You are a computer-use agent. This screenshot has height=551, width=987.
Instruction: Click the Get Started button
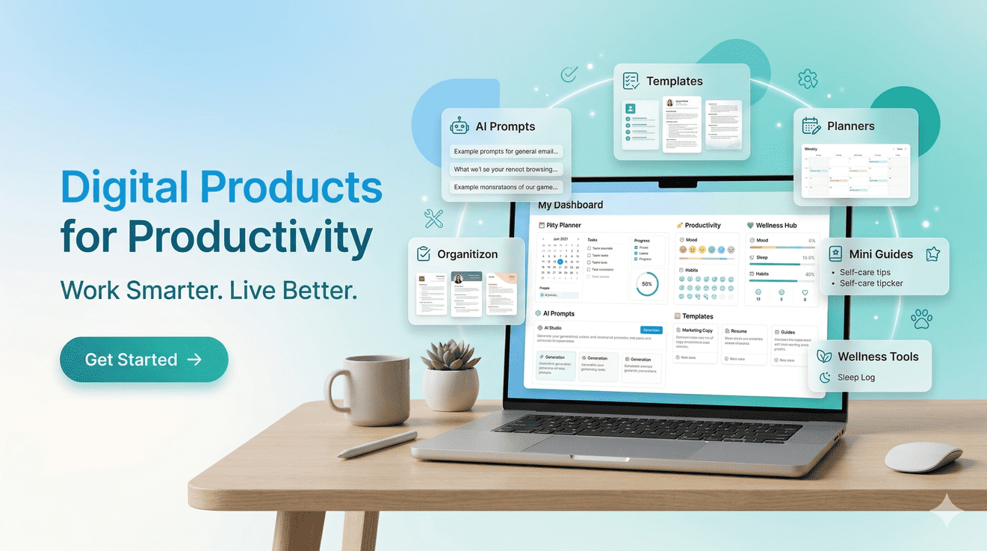[143, 360]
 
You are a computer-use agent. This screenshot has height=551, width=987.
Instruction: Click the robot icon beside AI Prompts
[460, 126]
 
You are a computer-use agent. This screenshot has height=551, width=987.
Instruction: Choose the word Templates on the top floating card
[674, 81]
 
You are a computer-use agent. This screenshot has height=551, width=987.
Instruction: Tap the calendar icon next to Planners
[811, 126]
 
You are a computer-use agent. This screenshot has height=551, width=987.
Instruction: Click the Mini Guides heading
[881, 253]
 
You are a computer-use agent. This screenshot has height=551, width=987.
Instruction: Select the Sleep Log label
[856, 378]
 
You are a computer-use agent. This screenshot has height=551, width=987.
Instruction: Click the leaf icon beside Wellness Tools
[824, 357]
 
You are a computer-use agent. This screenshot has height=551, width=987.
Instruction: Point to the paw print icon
[921, 319]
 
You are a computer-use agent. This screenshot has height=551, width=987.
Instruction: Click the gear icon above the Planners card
[808, 79]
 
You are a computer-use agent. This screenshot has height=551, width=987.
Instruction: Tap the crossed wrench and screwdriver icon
[433, 218]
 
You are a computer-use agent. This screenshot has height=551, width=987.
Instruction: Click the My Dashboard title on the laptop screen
[570, 205]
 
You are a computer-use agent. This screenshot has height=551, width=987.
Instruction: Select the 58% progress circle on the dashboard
[646, 284]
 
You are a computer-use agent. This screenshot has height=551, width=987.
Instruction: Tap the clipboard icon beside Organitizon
[424, 254]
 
